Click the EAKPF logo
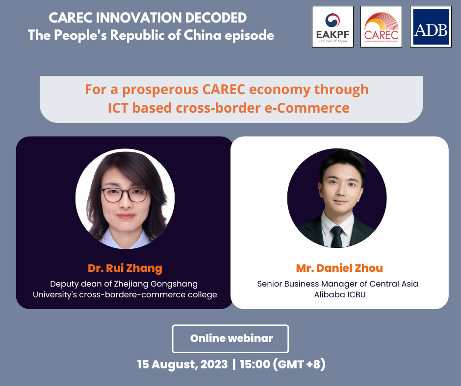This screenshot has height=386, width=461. click(333, 27)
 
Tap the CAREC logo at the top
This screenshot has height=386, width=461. click(382, 27)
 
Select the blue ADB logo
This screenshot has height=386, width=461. click(431, 27)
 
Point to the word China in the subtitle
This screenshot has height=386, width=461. click(202, 35)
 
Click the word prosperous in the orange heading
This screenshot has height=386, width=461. click(160, 90)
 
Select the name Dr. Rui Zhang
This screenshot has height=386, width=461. click(125, 268)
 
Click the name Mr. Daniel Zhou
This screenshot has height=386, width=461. click(339, 268)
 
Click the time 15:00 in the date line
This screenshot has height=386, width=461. click(255, 364)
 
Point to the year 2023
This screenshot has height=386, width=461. click(214, 364)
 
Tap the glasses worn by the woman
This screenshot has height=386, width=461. click(125, 195)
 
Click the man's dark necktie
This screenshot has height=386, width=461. click(336, 236)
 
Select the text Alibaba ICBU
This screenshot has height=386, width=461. click(340, 294)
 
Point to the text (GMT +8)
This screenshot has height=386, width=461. click(299, 364)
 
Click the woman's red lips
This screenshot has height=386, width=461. click(126, 216)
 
